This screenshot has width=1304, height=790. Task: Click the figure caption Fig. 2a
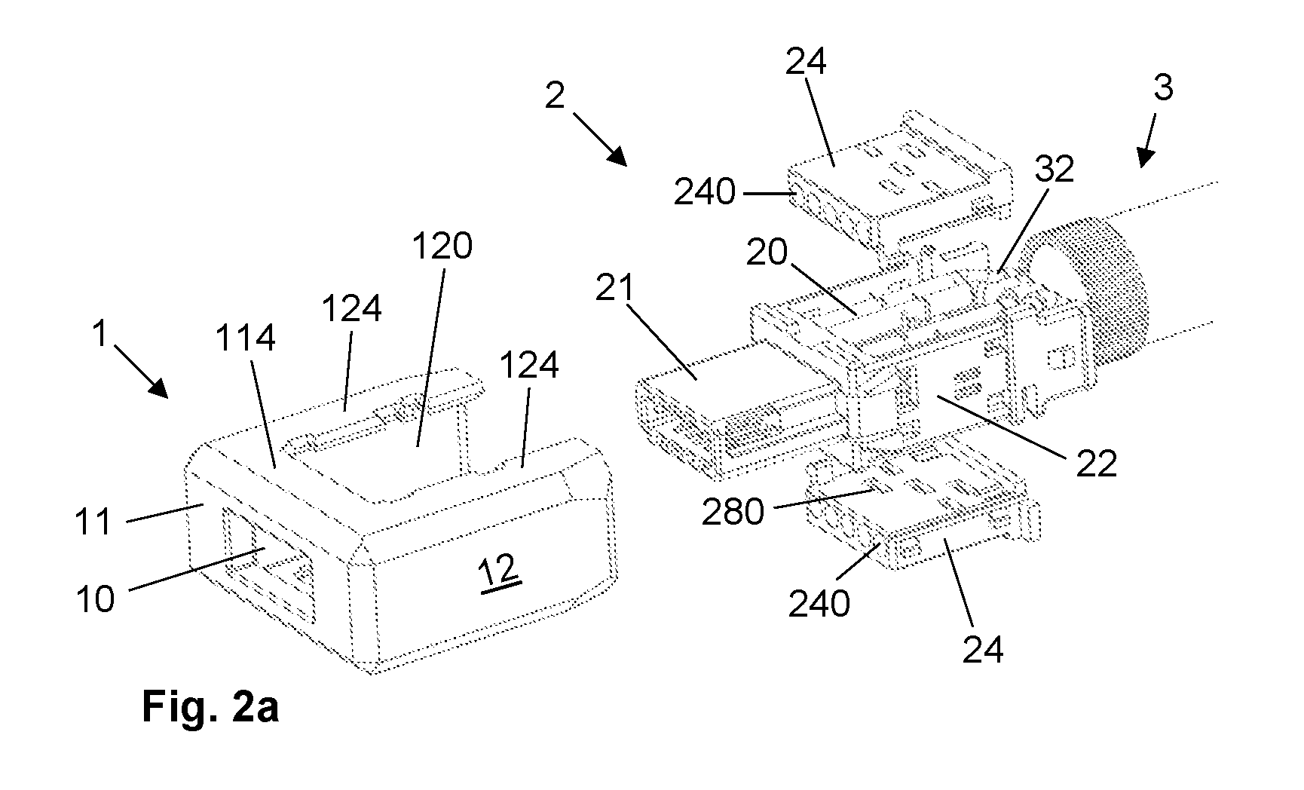[210, 709]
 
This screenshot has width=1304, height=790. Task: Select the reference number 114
[246, 339]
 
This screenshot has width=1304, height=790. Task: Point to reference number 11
[93, 521]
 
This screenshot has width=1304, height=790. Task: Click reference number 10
[95, 599]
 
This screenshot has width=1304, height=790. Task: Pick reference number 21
[614, 289]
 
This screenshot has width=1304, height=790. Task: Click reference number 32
[1053, 170]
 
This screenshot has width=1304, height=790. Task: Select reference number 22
[1096, 464]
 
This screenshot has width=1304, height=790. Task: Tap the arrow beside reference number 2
[600, 139]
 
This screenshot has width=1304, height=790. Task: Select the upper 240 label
[705, 193]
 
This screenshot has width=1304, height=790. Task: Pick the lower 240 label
[819, 604]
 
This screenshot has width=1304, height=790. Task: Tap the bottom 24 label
[983, 649]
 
